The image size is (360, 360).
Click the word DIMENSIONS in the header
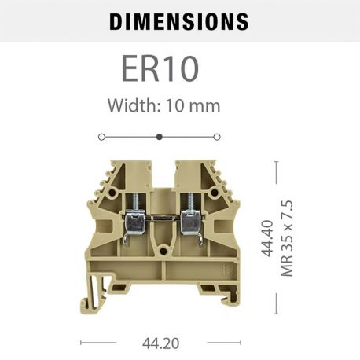179,21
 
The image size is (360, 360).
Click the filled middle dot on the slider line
160,137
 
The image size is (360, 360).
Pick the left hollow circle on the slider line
101,137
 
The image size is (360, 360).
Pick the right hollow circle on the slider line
217,137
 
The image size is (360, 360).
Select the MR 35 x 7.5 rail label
287,238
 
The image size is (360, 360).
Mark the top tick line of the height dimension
276,162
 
